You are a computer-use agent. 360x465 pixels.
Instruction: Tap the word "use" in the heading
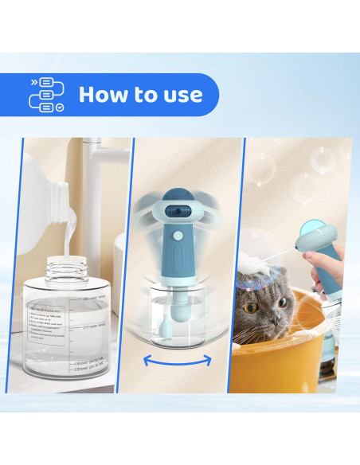[x=180, y=95]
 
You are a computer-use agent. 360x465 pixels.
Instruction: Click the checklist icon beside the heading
[x=46, y=95]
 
